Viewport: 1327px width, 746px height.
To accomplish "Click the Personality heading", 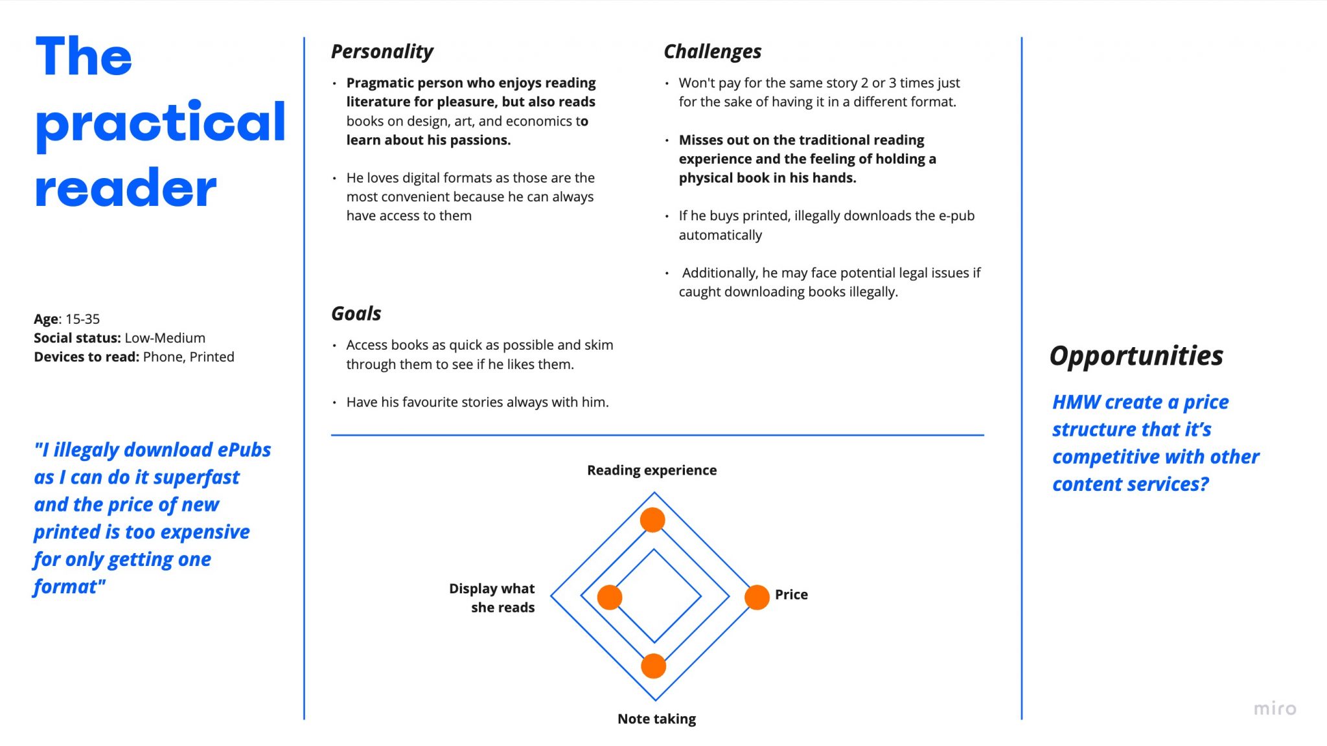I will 382,51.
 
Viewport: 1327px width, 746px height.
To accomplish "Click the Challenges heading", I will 712,51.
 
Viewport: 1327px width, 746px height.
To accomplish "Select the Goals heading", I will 356,313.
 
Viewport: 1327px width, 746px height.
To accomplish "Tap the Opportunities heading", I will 1136,356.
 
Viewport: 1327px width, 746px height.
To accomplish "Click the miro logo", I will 1275,708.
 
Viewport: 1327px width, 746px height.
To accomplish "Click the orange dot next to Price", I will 756,597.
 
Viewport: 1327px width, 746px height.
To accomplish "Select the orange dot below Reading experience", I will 652,519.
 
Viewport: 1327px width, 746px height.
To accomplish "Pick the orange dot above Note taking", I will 653,666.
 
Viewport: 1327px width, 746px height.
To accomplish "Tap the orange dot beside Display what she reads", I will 610,597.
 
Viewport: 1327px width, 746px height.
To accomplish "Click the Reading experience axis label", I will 652,470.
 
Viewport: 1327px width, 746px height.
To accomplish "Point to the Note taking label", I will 656,719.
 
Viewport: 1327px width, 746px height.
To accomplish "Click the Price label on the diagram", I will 791,594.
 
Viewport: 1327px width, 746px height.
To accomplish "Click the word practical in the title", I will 160,123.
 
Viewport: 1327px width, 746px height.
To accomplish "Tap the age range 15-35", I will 83,319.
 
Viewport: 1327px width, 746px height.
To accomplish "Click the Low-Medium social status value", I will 165,338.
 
